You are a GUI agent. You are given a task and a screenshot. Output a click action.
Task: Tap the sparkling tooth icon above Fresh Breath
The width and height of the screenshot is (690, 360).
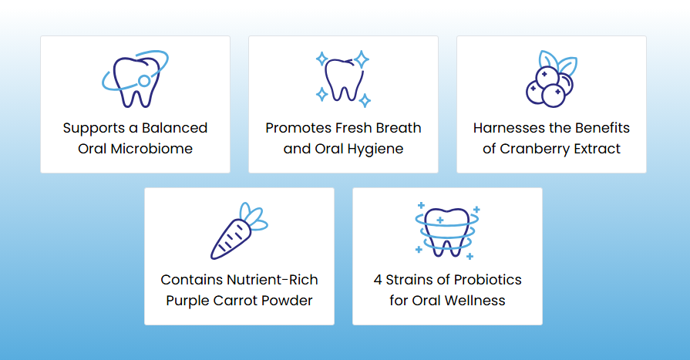(343, 79)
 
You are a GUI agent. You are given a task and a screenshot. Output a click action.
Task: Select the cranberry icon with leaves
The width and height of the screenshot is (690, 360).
(550, 79)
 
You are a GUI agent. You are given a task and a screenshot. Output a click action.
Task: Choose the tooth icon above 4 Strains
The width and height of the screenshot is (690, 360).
(447, 230)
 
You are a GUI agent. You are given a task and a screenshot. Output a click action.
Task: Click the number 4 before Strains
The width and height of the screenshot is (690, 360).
(378, 280)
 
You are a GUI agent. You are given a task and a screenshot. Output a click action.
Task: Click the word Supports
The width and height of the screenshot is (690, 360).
(90, 128)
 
